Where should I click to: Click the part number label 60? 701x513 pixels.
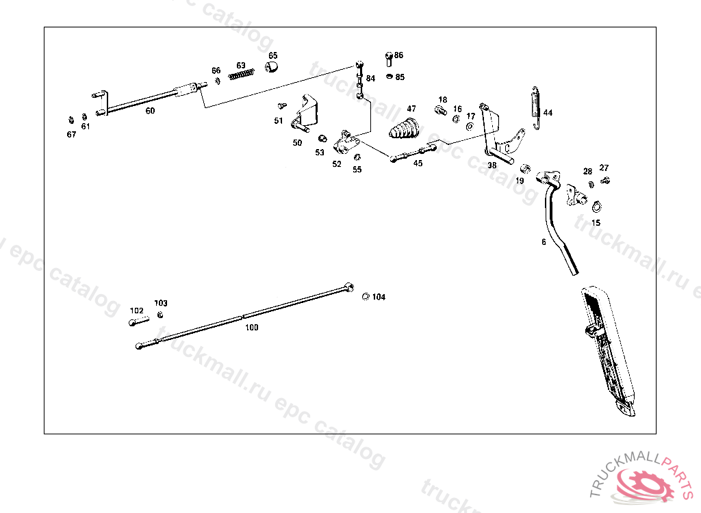point(150,111)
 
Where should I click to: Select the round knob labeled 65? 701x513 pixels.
point(272,67)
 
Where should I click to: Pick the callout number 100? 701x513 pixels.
point(252,328)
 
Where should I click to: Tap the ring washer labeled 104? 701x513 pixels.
point(366,296)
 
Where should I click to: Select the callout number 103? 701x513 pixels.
point(161,303)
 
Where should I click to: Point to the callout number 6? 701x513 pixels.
point(544,241)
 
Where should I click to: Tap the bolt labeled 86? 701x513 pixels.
point(388,57)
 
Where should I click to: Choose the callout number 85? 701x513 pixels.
point(400,77)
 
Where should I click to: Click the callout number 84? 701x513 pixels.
point(370,79)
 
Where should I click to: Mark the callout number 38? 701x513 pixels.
point(492,165)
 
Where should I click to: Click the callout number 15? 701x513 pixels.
point(596,223)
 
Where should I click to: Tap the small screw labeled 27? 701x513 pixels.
point(605,180)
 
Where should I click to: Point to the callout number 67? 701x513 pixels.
point(71,134)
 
